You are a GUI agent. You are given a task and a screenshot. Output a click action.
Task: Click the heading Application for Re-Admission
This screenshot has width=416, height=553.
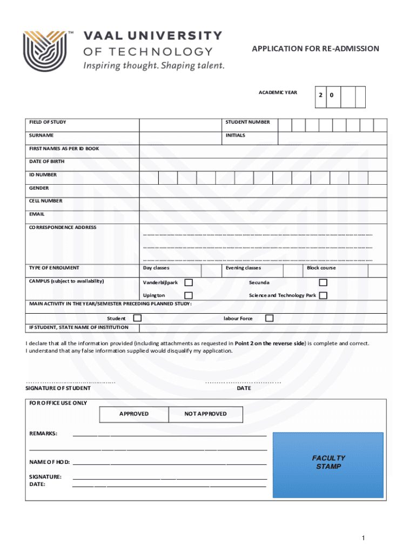pos(316,49)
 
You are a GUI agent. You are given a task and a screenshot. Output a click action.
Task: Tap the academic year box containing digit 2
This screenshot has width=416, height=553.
pos(321,96)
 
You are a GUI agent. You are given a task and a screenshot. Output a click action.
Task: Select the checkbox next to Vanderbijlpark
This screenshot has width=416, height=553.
pos(189,282)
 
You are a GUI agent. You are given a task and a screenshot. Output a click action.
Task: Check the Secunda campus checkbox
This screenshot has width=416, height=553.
pos(323,282)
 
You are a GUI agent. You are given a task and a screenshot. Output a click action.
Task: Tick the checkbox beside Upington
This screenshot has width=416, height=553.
pos(189,295)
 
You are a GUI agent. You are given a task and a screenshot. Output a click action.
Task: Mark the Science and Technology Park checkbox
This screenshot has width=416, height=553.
pos(323,295)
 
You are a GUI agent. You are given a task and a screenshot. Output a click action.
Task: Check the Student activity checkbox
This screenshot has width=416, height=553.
pos(138,318)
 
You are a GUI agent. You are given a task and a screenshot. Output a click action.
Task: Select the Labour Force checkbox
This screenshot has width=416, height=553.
pos(269,318)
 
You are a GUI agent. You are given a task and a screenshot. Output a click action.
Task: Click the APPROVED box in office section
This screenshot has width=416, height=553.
pos(134,414)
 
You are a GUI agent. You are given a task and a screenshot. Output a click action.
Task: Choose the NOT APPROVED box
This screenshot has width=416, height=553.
pos(205,414)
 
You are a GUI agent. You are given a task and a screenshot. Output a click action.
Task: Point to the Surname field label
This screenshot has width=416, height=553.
pos(41,136)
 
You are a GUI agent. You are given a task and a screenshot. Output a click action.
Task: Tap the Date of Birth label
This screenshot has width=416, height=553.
pos(46,161)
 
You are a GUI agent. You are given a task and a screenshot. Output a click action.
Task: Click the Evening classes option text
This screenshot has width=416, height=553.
pos(243,268)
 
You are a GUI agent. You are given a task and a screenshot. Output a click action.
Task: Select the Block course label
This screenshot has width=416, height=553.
pos(321,268)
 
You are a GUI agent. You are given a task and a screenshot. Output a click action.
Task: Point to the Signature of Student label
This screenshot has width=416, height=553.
pos(58,388)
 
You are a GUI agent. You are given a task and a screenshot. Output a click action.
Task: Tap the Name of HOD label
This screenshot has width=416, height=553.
pos(49,462)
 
